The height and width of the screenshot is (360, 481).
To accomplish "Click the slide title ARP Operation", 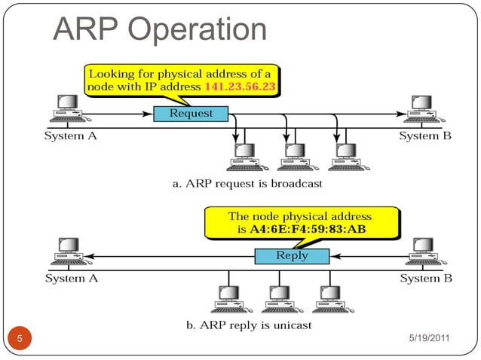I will pyautogui.click(x=160, y=29).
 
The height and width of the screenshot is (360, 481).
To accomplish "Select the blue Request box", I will pyautogui.click(x=191, y=114).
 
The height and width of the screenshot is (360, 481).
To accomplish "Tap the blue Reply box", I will pyautogui.click(x=292, y=256).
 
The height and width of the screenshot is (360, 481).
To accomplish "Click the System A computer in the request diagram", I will pyautogui.click(x=67, y=108).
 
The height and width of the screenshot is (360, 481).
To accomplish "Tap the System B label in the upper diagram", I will pyautogui.click(x=425, y=136).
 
